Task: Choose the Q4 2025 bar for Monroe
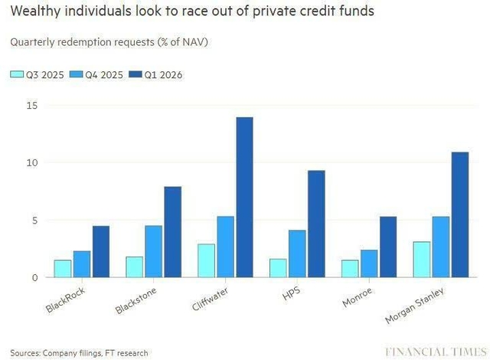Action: coord(370,263)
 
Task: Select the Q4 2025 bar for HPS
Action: coord(298,254)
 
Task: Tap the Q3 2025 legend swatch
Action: coord(16,74)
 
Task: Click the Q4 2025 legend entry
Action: coord(92,74)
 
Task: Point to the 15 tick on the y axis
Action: coord(31,105)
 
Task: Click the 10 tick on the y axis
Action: coord(31,162)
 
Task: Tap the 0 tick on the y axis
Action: coord(34,277)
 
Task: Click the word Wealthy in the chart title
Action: coord(35,13)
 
